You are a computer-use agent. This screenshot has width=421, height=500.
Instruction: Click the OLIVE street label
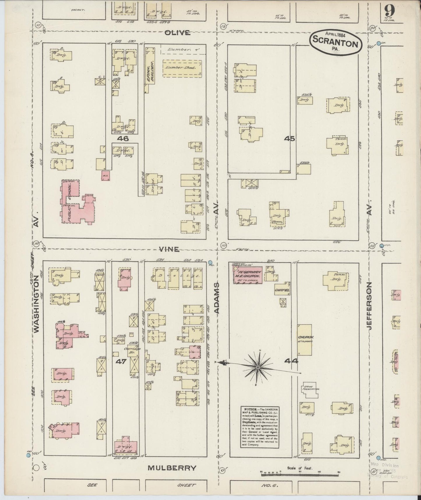tap(177, 33)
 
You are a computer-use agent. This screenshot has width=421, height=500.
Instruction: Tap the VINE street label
tap(169, 249)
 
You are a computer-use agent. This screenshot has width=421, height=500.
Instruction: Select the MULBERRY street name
tap(172, 468)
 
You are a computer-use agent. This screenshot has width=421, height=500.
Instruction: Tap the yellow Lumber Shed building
tap(182, 69)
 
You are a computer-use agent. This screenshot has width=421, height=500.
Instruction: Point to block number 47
tap(121, 361)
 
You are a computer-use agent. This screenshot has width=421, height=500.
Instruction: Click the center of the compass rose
tap(258, 367)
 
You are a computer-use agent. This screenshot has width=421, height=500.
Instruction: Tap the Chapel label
tap(282, 291)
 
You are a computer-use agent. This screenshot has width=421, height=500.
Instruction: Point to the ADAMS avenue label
tap(217, 298)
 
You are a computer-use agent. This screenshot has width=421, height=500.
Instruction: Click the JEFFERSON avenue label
tap(370, 306)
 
